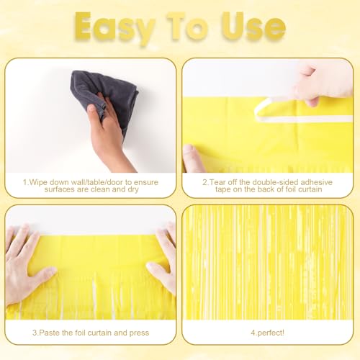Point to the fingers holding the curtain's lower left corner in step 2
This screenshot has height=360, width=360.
192,158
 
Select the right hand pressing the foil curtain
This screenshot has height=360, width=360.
162,263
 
